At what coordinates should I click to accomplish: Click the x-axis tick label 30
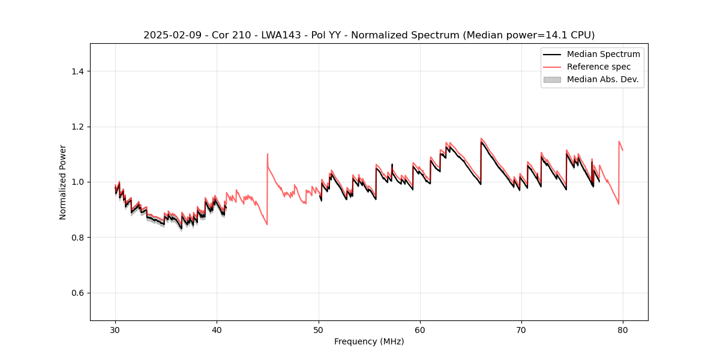pos(116,329)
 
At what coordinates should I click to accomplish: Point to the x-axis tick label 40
pos(217,329)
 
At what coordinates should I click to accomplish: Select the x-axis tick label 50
pos(319,329)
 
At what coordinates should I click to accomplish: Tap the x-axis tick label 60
pos(420,329)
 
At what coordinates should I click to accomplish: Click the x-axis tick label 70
pos(521,329)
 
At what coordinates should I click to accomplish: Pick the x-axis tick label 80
pos(623,329)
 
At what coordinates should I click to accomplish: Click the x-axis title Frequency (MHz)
pos(369,341)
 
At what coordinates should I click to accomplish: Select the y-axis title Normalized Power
pos(63,182)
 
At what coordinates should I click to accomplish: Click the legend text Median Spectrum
pos(603,54)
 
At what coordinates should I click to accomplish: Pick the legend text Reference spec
pos(599,67)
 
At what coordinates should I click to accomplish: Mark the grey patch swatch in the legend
pos(552,79)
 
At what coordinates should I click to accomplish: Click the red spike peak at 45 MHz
pos(268,154)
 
